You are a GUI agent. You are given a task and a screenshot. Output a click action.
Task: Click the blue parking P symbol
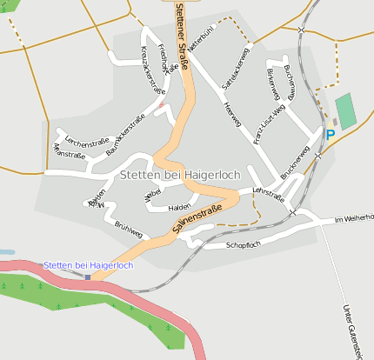pos(330,134)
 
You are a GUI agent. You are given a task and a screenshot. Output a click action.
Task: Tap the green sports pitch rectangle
pos(346,111)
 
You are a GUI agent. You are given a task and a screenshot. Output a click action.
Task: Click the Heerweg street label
pos(231,112)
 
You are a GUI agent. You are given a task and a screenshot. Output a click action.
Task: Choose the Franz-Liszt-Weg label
pos(270,123)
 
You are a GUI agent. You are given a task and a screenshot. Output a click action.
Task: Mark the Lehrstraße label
pos(268,194)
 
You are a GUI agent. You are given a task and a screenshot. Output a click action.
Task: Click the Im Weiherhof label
pos(354,220)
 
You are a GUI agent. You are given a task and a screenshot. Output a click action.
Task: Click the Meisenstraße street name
pos(70,153)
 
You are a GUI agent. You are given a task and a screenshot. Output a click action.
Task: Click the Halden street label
pos(179,207)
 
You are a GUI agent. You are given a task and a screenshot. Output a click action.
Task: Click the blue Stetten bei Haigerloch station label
pos(88,264)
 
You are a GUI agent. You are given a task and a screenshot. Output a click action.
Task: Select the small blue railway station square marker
pos(88,277)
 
